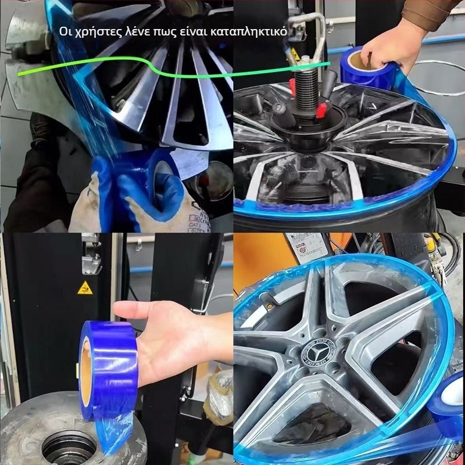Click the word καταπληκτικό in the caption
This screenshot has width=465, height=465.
tap(249, 32)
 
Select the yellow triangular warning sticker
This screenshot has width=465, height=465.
tap(85, 288)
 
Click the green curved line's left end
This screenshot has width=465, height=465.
tap(18, 74)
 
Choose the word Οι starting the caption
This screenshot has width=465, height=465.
tap(65, 31)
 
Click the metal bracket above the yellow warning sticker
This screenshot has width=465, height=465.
tap(91, 258)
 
